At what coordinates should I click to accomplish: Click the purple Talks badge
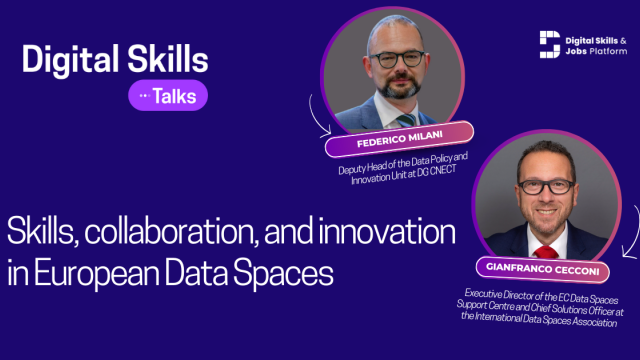click(168, 96)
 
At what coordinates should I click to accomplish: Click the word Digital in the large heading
click(70, 60)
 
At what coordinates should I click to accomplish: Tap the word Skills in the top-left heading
click(168, 58)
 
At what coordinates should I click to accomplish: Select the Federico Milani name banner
click(399, 139)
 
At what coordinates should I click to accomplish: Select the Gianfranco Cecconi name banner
click(542, 269)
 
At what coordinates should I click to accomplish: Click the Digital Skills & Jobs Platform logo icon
click(550, 44)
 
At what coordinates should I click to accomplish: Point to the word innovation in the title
click(387, 231)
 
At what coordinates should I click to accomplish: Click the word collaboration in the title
click(171, 231)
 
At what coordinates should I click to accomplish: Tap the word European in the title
click(96, 273)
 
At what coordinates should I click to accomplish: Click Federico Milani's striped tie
click(406, 120)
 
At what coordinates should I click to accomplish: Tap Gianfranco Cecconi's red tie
click(546, 252)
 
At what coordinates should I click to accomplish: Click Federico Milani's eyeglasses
click(397, 59)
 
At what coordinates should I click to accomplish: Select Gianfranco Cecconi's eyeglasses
click(547, 187)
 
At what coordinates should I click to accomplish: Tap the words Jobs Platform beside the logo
click(596, 51)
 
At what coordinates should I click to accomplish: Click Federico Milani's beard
click(399, 87)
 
